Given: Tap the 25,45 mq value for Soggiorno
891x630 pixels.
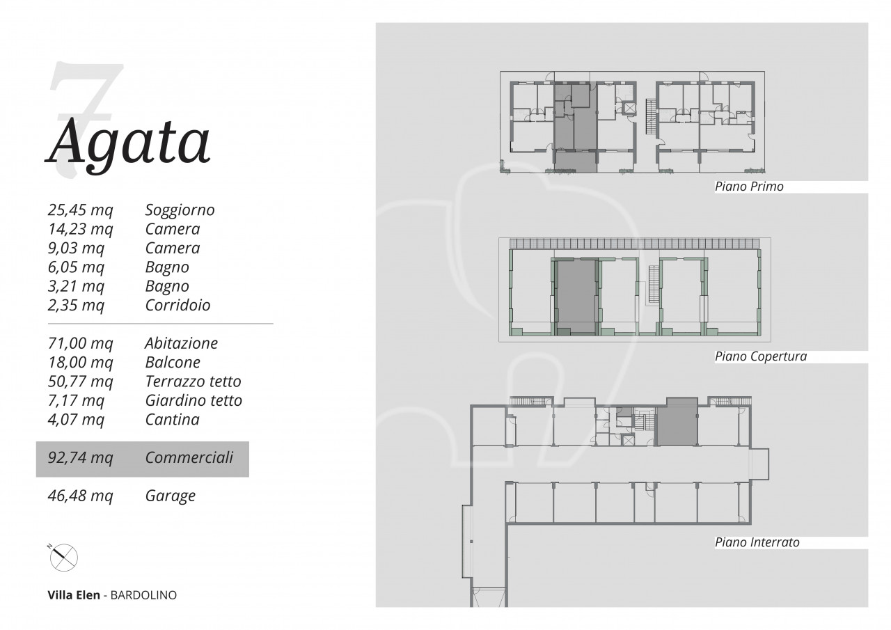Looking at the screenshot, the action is tap(80, 210).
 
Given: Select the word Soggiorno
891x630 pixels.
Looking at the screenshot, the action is tap(180, 210).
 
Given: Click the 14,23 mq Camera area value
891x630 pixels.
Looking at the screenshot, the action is tap(80, 229).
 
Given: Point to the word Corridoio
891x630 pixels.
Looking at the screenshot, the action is tap(178, 306).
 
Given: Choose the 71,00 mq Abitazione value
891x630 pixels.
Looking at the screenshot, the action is tap(80, 343).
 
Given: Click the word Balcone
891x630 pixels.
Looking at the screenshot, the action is tap(173, 362).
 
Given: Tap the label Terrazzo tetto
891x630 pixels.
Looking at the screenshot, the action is tap(194, 381).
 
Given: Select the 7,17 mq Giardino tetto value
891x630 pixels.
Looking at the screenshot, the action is tap(76, 400).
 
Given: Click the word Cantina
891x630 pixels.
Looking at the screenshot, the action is tap(172, 420).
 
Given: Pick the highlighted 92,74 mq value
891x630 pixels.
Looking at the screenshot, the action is tap(80, 458).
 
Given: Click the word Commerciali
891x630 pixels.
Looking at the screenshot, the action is tap(189, 458).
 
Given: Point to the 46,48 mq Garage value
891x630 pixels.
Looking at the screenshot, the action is tap(80, 496).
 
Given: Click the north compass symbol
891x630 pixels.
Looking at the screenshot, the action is tap(63, 557).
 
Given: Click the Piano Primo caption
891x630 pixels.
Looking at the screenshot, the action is tap(749, 187).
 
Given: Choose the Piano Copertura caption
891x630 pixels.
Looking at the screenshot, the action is tap(761, 356).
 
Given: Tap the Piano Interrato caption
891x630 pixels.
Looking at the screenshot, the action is tap(757, 542).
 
